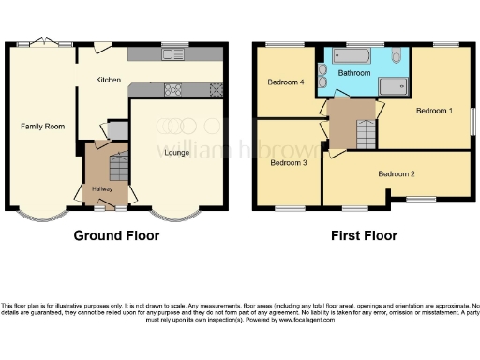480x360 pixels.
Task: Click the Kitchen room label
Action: (109, 81)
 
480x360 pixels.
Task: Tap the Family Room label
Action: (42, 126)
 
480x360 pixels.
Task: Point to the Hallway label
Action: (101, 188)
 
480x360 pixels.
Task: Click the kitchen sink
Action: (172, 55)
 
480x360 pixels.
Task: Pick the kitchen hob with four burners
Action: (173, 90)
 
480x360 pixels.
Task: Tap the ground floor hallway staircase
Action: (118, 169)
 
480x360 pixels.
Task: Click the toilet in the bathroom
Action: (397, 57)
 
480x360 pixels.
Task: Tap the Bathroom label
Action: (353, 72)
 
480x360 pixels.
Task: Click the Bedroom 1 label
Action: (434, 111)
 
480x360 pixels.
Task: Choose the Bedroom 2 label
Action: (397, 173)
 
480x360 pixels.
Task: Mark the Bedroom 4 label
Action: (286, 82)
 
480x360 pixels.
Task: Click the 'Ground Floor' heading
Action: (116, 235)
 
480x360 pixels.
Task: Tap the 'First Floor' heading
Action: (361, 235)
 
